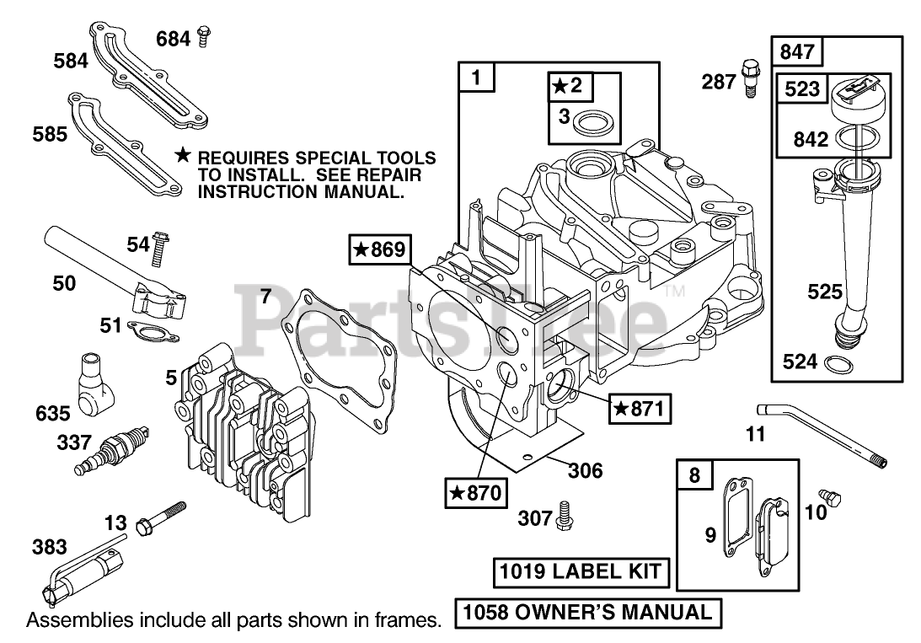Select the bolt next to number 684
pos(202,36)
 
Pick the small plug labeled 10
pos(831,498)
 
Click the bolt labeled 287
pos(749,78)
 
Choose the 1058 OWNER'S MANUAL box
pos(588,612)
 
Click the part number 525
pos(824,292)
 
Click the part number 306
pos(585,470)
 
